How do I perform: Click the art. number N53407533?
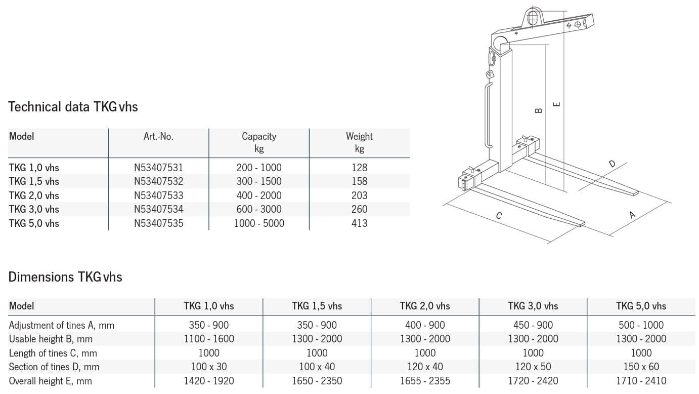(x=158, y=195)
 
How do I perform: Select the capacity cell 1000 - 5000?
(x=259, y=223)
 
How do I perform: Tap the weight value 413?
(x=359, y=223)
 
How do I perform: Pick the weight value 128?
(x=359, y=168)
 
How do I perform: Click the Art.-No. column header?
(x=158, y=136)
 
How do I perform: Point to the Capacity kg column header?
(x=259, y=142)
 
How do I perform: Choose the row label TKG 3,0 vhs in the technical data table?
(x=34, y=209)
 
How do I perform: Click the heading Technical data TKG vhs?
(x=73, y=107)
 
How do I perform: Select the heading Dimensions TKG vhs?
(x=65, y=277)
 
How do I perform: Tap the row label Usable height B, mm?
(x=51, y=339)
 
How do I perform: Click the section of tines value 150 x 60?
(x=641, y=367)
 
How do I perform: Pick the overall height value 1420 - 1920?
(x=209, y=380)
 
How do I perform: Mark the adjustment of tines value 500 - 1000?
(x=641, y=325)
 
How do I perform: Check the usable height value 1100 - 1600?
(x=209, y=339)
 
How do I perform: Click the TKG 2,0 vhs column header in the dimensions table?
(x=425, y=306)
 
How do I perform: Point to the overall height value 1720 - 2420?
(x=533, y=380)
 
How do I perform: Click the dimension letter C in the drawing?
(x=499, y=216)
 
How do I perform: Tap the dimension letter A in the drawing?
(x=632, y=215)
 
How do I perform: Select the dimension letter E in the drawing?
(x=556, y=104)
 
